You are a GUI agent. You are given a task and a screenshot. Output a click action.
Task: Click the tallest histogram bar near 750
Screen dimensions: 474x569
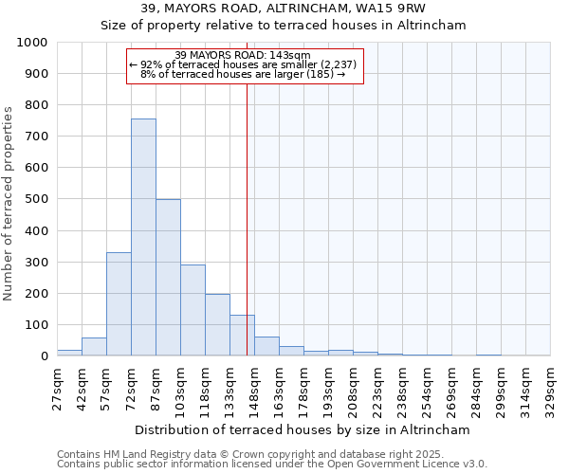(x=143, y=237)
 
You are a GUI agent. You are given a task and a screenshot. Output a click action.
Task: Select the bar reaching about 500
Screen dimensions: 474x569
(x=168, y=278)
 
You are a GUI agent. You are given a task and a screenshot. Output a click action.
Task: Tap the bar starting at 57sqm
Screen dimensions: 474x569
(x=119, y=304)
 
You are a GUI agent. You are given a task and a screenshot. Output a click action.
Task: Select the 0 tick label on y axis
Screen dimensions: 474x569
(x=44, y=356)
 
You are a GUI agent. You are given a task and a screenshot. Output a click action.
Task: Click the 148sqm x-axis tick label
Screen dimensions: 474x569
(x=255, y=388)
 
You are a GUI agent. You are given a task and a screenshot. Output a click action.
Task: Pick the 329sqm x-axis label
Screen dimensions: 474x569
(x=551, y=388)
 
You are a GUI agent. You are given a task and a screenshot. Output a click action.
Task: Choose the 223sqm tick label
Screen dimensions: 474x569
(x=378, y=388)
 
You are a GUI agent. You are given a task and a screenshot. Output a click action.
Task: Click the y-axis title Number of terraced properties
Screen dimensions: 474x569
(x=9, y=203)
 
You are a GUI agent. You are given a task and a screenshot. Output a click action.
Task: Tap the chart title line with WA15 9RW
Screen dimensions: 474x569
(x=284, y=9)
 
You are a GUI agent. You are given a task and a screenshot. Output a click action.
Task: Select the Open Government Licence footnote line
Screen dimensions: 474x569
(x=271, y=465)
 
